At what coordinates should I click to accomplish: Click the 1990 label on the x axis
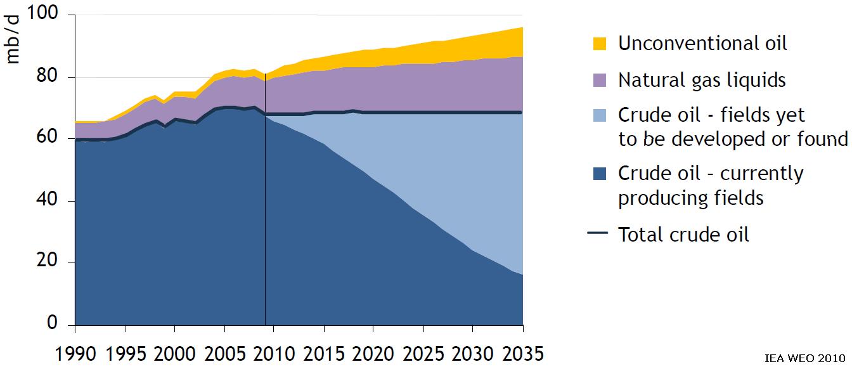[x=75, y=353]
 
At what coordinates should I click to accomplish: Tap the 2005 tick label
[x=224, y=353]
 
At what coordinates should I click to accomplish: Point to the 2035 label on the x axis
[x=522, y=353]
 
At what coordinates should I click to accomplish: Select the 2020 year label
[x=373, y=353]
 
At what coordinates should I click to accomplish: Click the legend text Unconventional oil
[x=702, y=43]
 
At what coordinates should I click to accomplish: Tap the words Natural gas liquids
[x=702, y=81]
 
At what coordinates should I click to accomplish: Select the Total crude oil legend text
[x=683, y=235]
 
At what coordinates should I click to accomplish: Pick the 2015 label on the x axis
[x=324, y=353]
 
